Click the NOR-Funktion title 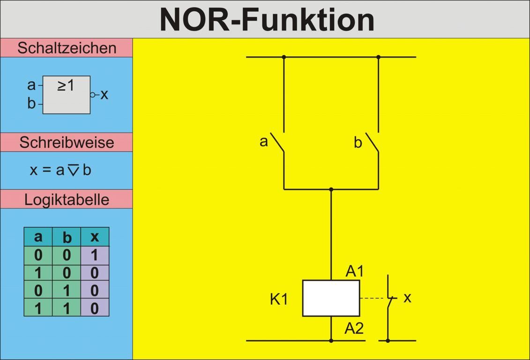tap(267, 20)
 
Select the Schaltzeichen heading tap(67, 48)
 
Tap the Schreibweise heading tap(67, 142)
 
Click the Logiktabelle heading tap(67, 199)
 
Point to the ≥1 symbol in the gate tap(66, 85)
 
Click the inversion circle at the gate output tap(93, 95)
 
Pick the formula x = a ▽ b tap(60, 170)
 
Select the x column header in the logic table tap(95, 237)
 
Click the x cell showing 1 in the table tap(95, 255)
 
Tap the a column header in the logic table tap(38, 237)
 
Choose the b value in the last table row tap(67, 308)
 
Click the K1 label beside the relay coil tap(279, 299)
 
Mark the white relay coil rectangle tap(331, 298)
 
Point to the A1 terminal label tap(355, 271)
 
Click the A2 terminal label tap(354, 329)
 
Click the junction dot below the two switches tap(331, 189)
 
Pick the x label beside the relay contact tap(407, 297)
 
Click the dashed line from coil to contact tap(373, 298)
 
